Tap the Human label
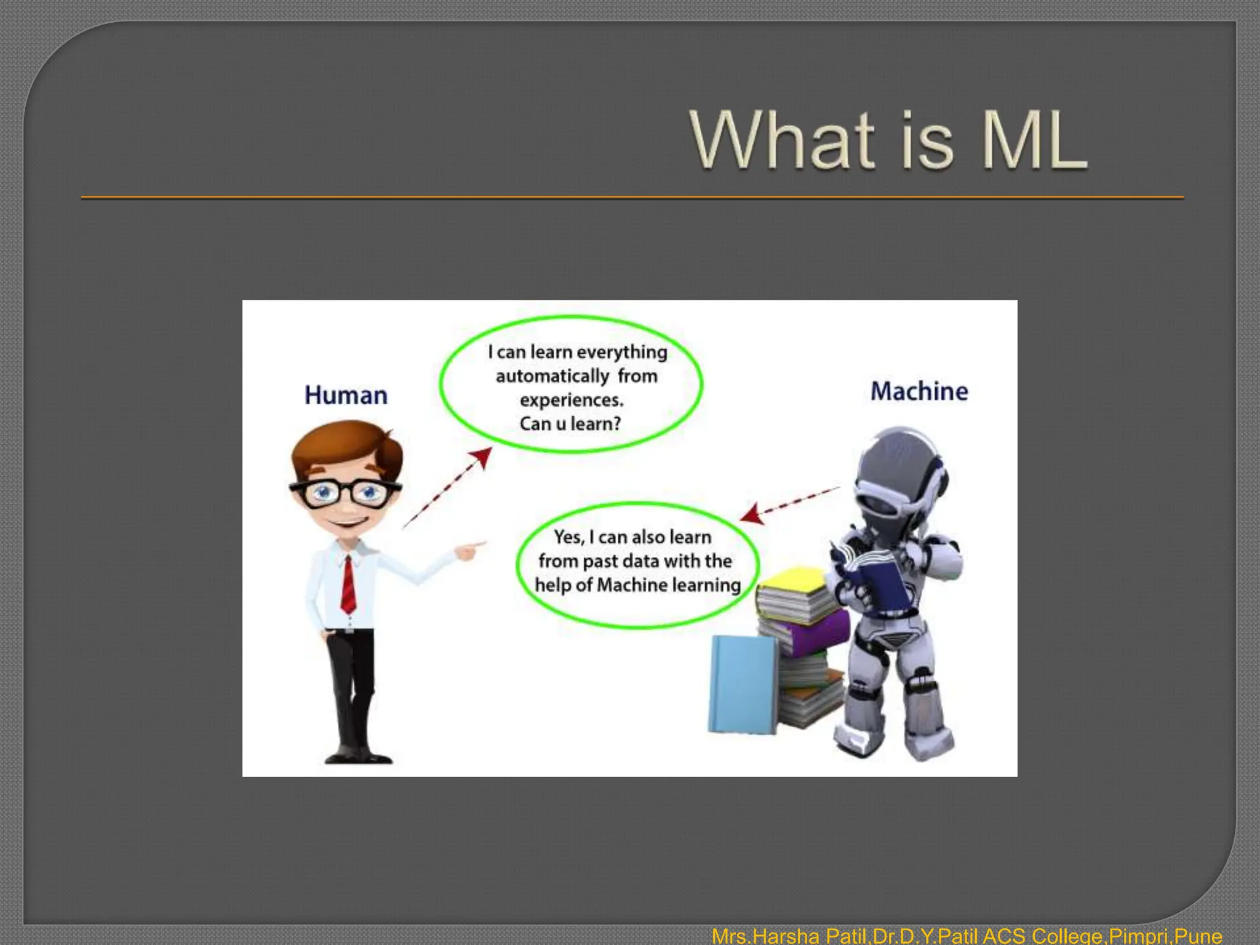[x=346, y=396]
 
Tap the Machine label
[x=919, y=391]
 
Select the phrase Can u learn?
[x=570, y=424]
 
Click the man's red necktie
[x=348, y=584]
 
